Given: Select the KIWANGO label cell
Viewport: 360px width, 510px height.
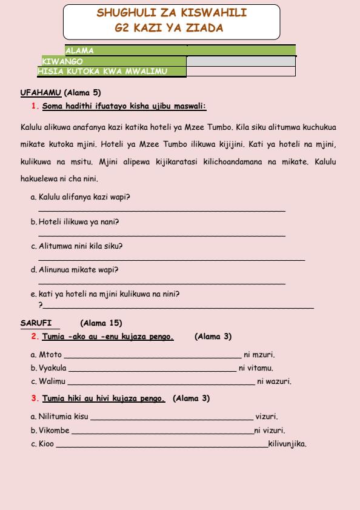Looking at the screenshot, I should pos(62,61).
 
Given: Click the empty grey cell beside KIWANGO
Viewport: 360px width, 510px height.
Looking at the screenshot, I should pos(241,61).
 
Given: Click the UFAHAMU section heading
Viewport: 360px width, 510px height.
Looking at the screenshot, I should pos(41,93).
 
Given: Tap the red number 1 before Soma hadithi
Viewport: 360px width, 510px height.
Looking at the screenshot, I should pos(34,106).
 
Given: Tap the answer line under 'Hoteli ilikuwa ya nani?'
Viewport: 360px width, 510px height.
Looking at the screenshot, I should pos(161,235).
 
